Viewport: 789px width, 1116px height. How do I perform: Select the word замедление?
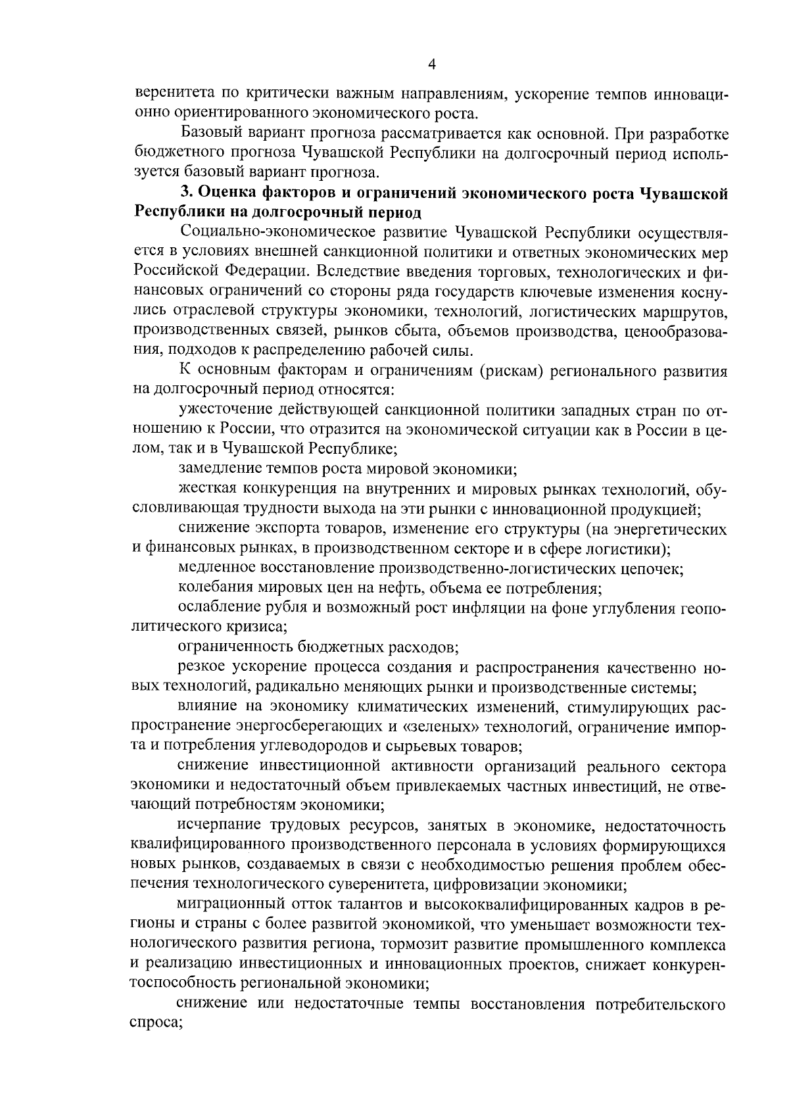220,470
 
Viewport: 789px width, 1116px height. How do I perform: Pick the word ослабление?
219,608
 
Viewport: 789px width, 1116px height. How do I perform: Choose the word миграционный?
227,906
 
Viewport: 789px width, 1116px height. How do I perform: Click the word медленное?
217,568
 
